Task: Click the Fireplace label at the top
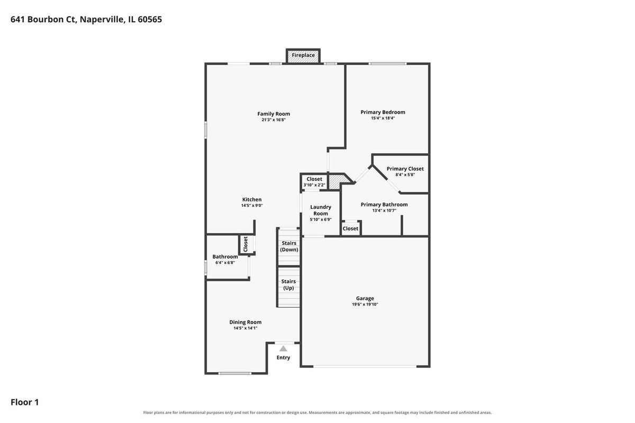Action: [x=303, y=55]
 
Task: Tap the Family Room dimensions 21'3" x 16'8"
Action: [x=274, y=120]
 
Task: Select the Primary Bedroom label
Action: [x=383, y=112]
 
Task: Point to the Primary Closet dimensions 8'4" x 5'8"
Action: [x=405, y=175]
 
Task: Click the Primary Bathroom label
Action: [x=384, y=205]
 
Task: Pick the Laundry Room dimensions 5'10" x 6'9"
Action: [x=321, y=219]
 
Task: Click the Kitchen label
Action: [x=252, y=199]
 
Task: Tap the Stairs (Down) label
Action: [x=289, y=246]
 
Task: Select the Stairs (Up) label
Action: [x=288, y=284]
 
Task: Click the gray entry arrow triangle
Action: [x=283, y=349]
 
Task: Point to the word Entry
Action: [x=283, y=357]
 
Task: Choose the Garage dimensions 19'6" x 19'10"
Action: [x=365, y=305]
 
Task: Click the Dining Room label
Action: [x=245, y=322]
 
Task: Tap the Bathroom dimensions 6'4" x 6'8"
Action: [x=225, y=263]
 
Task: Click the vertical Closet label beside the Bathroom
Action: [x=246, y=244]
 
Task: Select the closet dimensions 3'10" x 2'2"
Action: [x=314, y=185]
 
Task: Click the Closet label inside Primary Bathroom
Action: [x=350, y=228]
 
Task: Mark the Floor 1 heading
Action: [x=25, y=402]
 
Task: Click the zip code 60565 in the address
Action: [x=150, y=19]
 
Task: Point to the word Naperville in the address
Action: [x=102, y=20]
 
